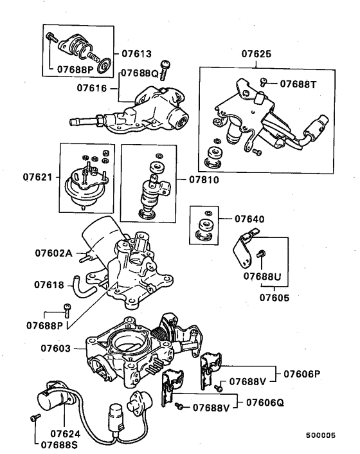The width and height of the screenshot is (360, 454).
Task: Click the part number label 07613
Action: pyautogui.click(x=136, y=54)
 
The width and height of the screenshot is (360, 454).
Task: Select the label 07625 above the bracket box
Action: pyautogui.click(x=256, y=54)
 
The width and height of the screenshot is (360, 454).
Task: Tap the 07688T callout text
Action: pyautogui.click(x=298, y=84)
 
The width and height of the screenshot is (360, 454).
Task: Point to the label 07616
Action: pyautogui.click(x=92, y=87)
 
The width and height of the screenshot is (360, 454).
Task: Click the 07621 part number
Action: pyautogui.click(x=38, y=177)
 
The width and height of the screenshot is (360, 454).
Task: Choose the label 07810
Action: pyautogui.click(x=204, y=180)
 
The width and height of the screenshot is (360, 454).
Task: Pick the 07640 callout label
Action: pyautogui.click(x=249, y=219)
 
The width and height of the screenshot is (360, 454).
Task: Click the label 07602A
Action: pyautogui.click(x=53, y=253)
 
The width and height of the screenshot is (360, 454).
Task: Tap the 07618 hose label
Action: pyautogui.click(x=49, y=285)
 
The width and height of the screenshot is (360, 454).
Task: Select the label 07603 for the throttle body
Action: pyautogui.click(x=55, y=349)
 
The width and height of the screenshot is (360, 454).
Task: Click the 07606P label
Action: pyautogui.click(x=302, y=374)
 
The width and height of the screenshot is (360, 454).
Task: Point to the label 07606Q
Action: pyautogui.click(x=265, y=403)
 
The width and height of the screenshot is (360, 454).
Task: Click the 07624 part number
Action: pyautogui.click(x=66, y=433)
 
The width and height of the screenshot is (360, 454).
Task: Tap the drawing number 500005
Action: pyautogui.click(x=321, y=435)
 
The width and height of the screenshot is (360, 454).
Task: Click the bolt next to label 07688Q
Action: pyautogui.click(x=165, y=69)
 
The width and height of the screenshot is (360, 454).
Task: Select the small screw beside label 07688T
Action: pyautogui.click(x=263, y=82)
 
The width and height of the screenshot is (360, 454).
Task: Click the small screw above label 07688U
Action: pyautogui.click(x=261, y=254)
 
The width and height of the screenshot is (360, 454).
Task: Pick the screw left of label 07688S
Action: pyautogui.click(x=35, y=417)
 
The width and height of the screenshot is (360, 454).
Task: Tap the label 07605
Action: pyautogui.click(x=274, y=298)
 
